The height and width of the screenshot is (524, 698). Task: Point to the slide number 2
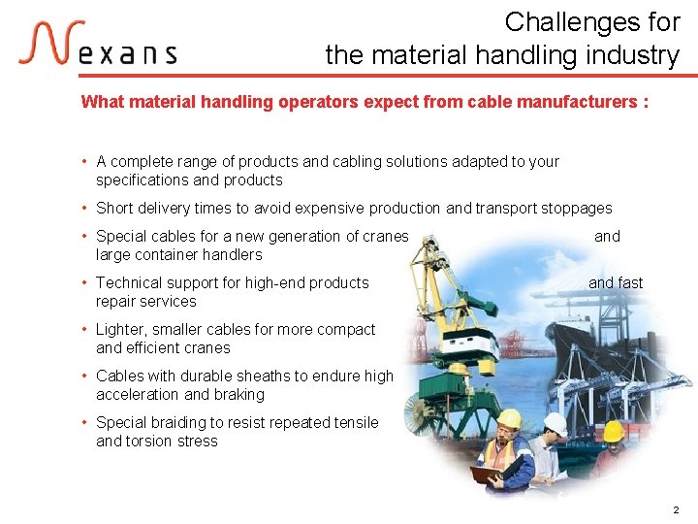676,509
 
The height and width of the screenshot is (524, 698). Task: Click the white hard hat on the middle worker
555,423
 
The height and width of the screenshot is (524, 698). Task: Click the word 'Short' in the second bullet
114,208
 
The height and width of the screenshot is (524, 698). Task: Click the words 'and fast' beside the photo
616,282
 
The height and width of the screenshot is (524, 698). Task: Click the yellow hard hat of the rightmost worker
613,431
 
